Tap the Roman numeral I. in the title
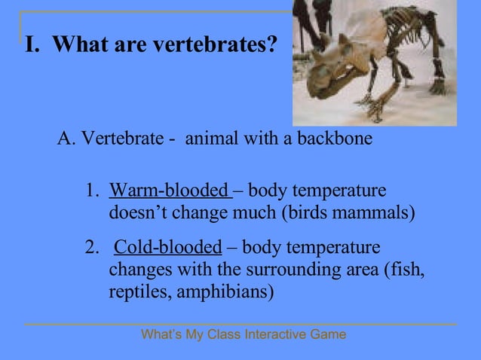click(32, 46)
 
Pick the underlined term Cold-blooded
click(168, 248)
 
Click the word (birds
click(304, 212)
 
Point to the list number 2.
click(91, 248)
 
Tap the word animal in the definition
click(209, 139)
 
